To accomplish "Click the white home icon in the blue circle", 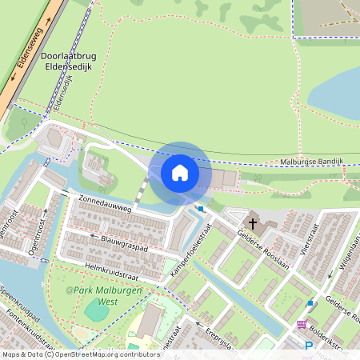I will point(180,173).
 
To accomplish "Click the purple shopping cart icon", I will point(302,325).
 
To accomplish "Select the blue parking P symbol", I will point(309,346).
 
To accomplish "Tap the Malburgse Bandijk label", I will point(312,162).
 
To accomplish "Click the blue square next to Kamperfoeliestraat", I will point(201,209).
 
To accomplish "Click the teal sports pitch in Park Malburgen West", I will point(95,310).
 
